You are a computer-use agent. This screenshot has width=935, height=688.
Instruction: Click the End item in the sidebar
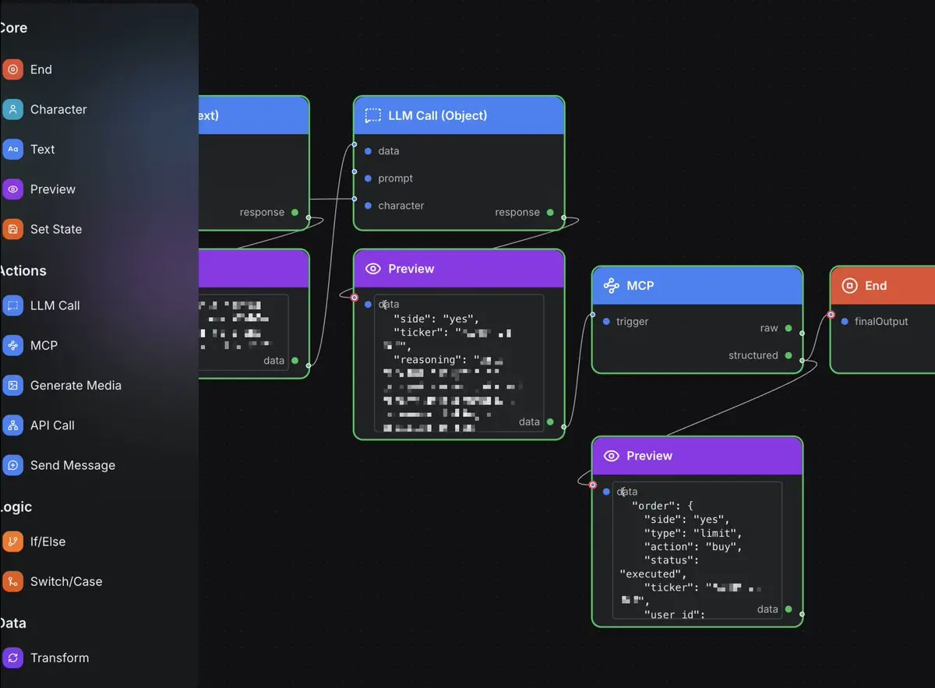(x=41, y=69)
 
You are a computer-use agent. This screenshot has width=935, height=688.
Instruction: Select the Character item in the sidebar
(x=58, y=109)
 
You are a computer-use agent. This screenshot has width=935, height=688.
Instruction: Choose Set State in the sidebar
(x=55, y=229)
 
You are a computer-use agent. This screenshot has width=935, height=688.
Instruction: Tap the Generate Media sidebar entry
(x=75, y=385)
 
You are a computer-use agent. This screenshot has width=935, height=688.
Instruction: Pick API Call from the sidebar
(x=52, y=425)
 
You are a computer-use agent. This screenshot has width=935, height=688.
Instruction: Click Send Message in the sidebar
(x=72, y=465)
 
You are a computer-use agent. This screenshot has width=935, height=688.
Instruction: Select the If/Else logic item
(x=48, y=542)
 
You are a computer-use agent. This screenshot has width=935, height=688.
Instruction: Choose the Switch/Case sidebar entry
(x=65, y=581)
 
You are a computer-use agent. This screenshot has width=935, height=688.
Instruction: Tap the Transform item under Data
(x=59, y=658)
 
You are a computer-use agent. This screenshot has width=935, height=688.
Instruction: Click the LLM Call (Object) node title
(x=437, y=115)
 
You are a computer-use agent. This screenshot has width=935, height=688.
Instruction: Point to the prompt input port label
(x=395, y=178)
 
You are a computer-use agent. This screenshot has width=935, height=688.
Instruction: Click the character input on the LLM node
(x=400, y=206)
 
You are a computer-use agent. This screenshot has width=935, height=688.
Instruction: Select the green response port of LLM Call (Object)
(x=550, y=212)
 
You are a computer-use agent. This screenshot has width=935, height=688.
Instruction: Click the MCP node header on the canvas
(x=640, y=286)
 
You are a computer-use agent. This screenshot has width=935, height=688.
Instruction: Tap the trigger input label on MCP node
(x=632, y=321)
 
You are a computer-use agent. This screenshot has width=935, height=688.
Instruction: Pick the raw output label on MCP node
(x=769, y=328)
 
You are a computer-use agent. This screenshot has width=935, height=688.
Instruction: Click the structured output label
(x=753, y=355)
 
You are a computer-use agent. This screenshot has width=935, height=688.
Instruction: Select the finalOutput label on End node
(x=880, y=321)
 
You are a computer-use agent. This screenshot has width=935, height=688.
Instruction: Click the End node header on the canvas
(x=875, y=286)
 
